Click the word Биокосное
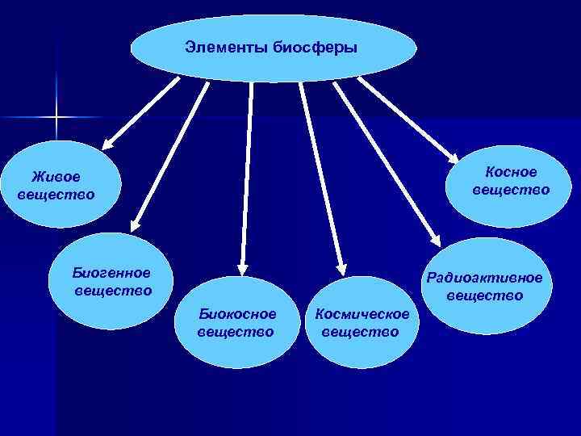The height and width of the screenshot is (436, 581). point(237,313)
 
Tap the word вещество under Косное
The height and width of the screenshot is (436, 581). point(511,190)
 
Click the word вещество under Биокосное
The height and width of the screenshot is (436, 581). point(235,332)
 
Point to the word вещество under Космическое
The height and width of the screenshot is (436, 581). point(360,332)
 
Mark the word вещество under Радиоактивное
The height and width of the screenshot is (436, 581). point(485,296)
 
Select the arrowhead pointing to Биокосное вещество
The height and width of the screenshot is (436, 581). point(240,272)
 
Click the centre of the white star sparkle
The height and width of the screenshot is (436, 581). point(56,118)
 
